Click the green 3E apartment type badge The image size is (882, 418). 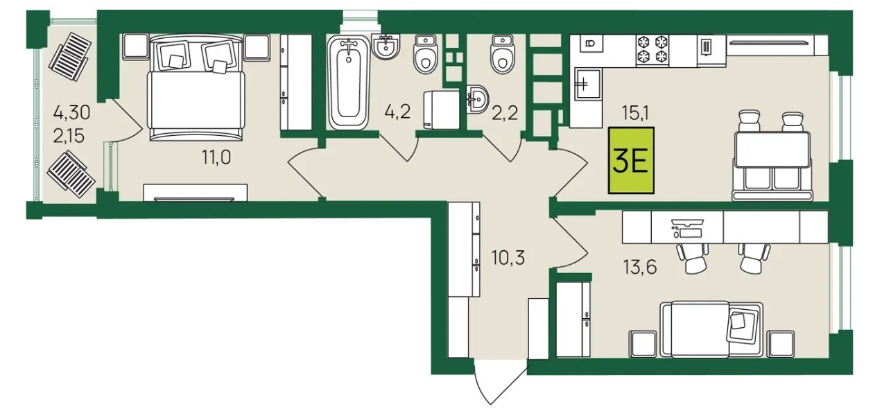pos(631,160)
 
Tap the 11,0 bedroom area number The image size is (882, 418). pos(216,157)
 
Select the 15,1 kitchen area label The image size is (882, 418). pos(635,114)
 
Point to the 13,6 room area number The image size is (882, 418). pos(640,268)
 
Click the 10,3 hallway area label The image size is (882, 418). pos(508,258)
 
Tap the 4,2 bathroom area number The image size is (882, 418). pos(397,112)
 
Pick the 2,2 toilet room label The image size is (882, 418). pos(505,113)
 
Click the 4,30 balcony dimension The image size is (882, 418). pos(71,113)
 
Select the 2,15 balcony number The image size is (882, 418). pos(69,136)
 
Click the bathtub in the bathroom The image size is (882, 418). pos(349,82)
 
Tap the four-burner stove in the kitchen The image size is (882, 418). pos(652,50)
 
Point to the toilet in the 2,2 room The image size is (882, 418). pos(503,54)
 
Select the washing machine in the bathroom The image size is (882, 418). pos(442,110)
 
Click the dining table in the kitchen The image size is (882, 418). pos(772,150)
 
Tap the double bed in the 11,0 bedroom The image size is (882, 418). pos(196,87)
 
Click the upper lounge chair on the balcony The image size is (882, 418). pos(70,57)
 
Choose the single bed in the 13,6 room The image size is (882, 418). pos(711,329)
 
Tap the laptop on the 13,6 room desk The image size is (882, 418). pos(687,229)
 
